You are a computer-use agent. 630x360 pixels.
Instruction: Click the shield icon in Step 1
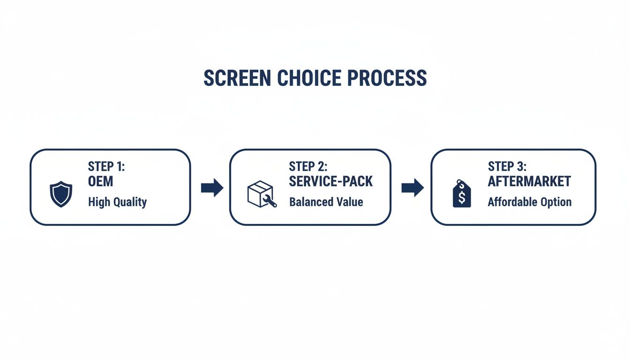(x=61, y=195)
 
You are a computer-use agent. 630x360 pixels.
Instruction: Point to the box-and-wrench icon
(x=262, y=194)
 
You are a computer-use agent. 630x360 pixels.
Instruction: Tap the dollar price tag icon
(x=462, y=193)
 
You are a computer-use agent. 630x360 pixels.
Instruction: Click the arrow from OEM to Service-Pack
(x=212, y=188)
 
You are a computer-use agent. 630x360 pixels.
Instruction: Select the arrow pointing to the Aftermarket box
(x=412, y=188)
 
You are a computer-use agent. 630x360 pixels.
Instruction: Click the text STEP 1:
(x=107, y=166)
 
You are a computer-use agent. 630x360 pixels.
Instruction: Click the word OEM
(x=101, y=181)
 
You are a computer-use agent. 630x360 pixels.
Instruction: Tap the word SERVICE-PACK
(x=331, y=181)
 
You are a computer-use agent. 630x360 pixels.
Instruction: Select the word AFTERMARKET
(x=529, y=181)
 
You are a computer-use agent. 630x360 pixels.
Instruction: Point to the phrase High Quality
(x=117, y=202)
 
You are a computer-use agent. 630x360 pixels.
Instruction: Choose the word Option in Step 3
(x=556, y=202)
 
